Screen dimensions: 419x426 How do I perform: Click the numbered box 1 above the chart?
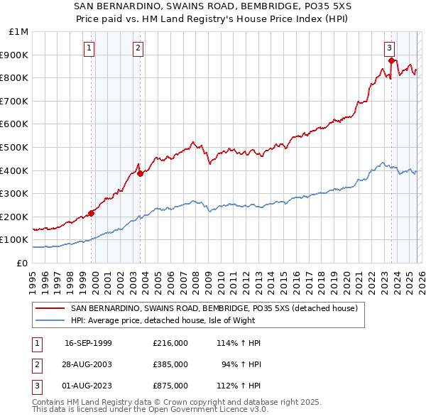point(89,48)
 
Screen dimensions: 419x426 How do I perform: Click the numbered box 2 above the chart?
point(138,48)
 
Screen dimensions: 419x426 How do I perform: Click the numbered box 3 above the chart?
point(390,48)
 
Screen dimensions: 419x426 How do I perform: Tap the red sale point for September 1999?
point(92,213)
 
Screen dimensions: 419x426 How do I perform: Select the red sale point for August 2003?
point(141,173)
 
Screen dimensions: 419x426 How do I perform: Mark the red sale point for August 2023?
point(391,60)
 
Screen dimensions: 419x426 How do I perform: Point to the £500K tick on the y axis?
point(18,147)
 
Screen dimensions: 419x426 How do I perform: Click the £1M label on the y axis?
point(19,32)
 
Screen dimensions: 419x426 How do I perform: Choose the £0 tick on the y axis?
point(23,263)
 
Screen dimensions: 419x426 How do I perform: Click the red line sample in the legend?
point(50,308)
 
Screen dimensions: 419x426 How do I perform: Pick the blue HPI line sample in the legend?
point(50,320)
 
